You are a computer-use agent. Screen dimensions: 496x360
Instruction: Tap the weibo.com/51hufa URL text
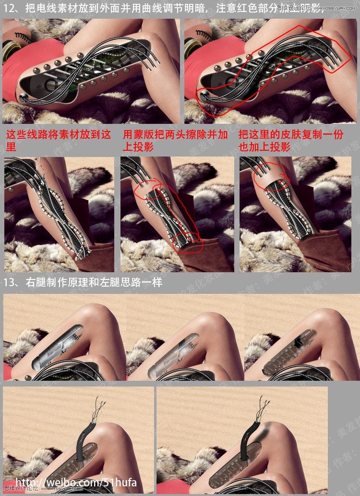(76, 483)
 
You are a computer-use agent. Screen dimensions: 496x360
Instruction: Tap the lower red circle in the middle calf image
(189, 240)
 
